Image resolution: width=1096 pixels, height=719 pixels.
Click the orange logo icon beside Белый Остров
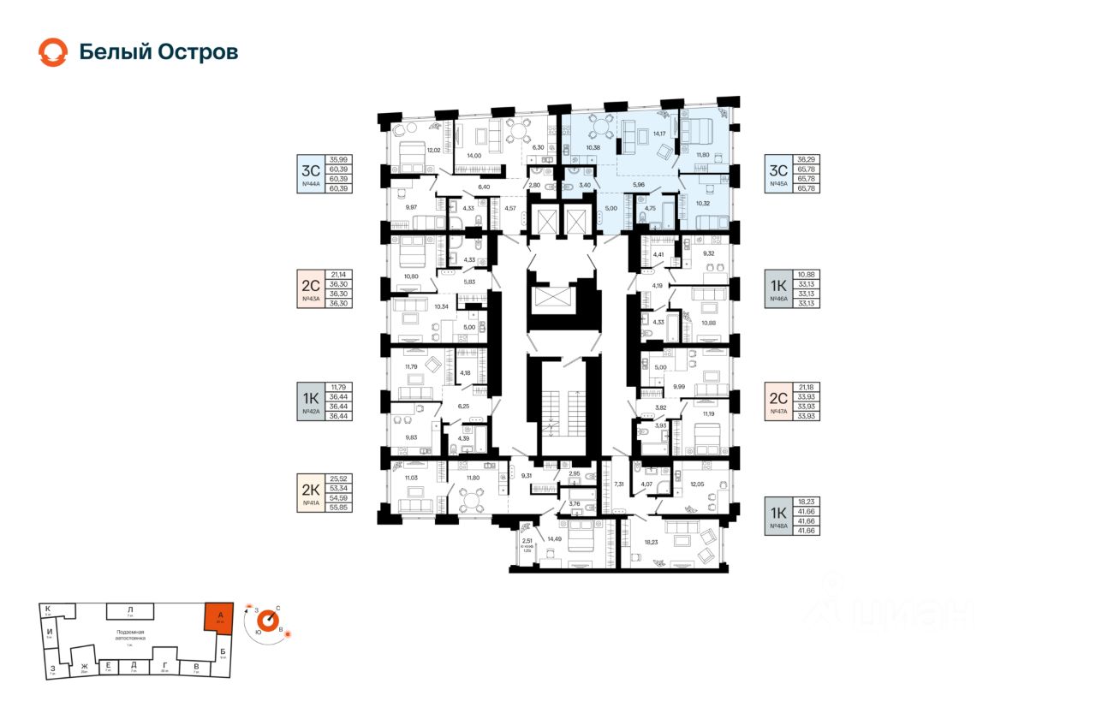pyautogui.click(x=52, y=52)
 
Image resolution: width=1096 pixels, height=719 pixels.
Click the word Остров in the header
pyautogui.click(x=197, y=52)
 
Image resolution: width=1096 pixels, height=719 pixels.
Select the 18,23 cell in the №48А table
pyautogui.click(x=806, y=503)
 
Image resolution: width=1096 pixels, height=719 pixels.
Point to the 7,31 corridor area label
pyautogui.click(x=619, y=484)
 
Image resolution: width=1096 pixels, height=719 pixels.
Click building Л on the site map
pyautogui.click(x=130, y=610)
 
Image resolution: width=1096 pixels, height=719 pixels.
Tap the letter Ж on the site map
pyautogui.click(x=84, y=666)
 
